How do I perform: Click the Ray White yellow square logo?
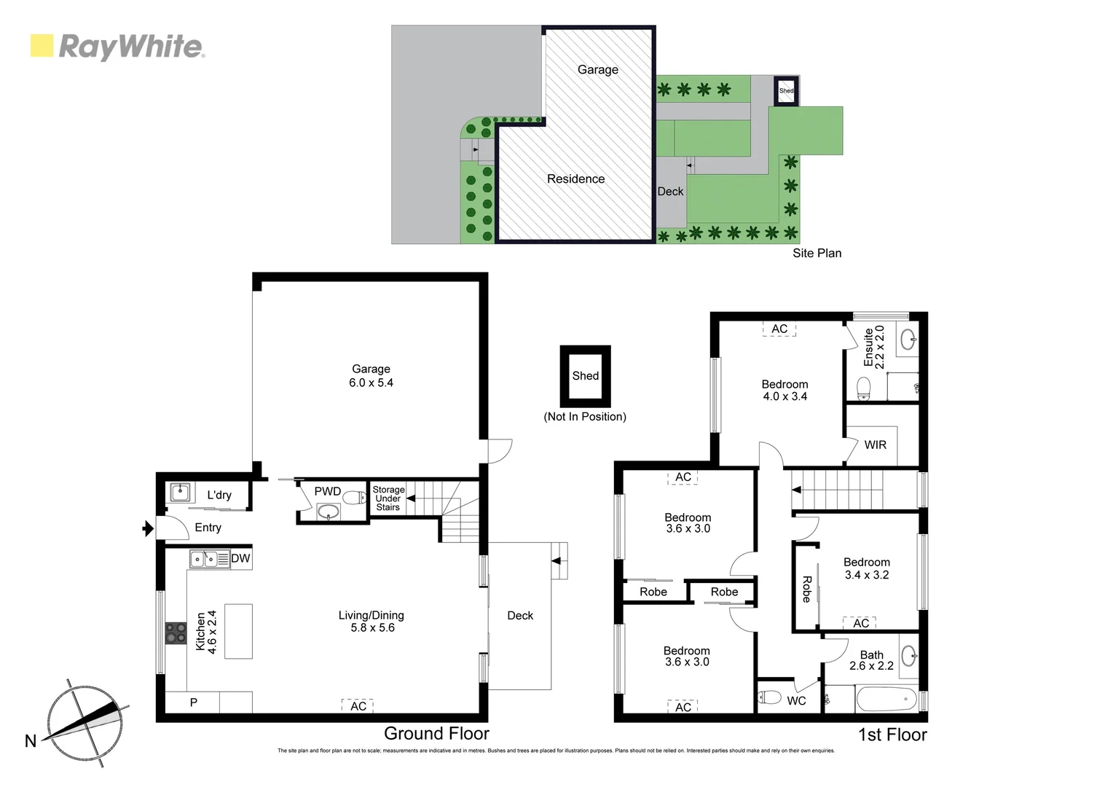[42, 46]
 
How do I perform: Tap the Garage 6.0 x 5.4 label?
[371, 376]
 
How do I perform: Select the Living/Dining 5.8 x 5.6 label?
[371, 622]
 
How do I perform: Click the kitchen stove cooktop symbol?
[176, 633]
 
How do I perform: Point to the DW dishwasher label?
[240, 559]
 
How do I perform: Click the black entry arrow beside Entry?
[148, 528]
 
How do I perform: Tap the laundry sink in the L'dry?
[179, 493]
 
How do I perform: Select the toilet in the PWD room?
[355, 498]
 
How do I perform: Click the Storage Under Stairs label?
[388, 498]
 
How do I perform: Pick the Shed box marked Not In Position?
[585, 376]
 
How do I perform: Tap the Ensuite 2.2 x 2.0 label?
[873, 347]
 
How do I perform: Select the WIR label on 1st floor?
[876, 445]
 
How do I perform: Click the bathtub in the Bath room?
[886, 700]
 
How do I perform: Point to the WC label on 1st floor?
[796, 701]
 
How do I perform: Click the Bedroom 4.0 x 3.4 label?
[784, 391]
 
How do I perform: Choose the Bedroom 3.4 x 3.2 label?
[866, 568]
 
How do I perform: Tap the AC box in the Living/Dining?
[358, 706]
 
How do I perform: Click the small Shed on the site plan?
[786, 91]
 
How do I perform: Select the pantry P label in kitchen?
[194, 702]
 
